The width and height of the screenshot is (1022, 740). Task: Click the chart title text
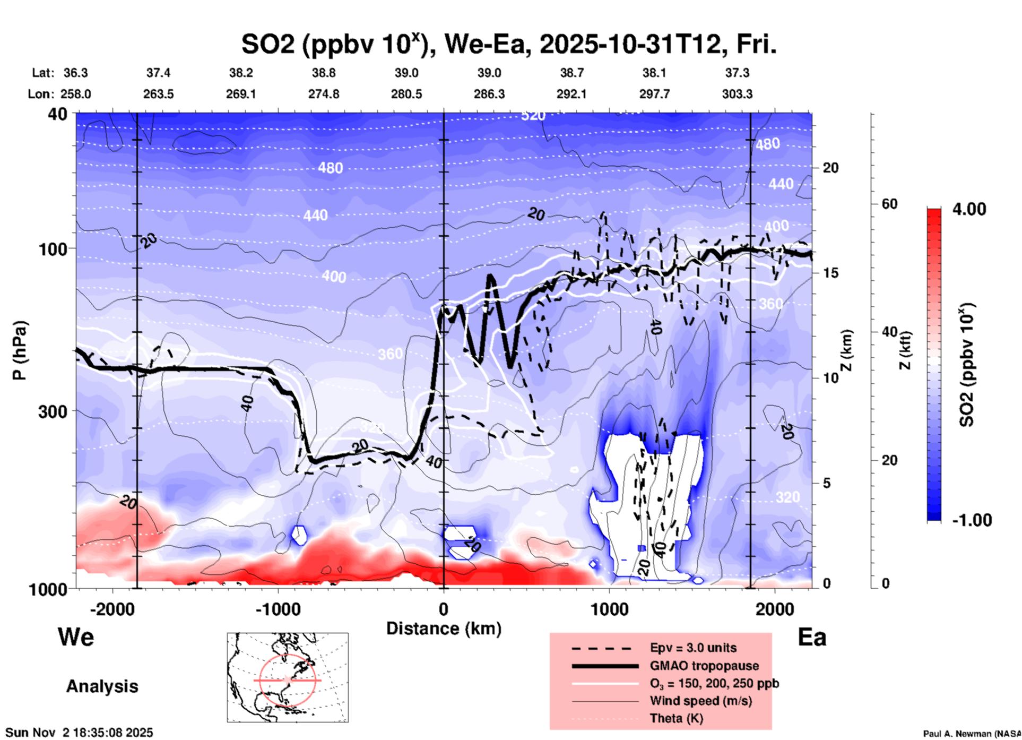coord(508,45)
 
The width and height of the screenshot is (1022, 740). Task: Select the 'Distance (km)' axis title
coord(444,629)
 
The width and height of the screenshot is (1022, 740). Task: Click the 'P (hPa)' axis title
coord(20,350)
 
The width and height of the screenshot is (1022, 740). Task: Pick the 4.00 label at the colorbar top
coord(969,209)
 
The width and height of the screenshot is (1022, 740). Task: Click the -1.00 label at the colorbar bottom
coord(971,520)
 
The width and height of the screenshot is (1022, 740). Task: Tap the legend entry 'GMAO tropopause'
coord(704,666)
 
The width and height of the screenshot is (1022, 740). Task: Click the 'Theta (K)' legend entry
coord(676,718)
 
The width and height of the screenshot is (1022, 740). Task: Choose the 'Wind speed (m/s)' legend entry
coord(700,701)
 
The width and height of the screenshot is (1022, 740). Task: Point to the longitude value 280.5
coord(406,94)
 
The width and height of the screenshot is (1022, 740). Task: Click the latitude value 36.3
coord(75,73)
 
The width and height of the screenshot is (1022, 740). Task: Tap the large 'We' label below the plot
coord(76,636)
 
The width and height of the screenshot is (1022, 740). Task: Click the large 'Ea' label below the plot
coord(812,638)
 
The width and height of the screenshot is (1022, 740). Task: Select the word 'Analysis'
coord(102,686)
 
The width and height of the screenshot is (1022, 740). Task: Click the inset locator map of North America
coord(288,677)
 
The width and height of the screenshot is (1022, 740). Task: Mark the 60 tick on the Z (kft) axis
coord(889,204)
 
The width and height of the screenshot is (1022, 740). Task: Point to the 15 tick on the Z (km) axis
coord(830,273)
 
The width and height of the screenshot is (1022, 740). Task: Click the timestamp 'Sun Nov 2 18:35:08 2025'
coord(79,733)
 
